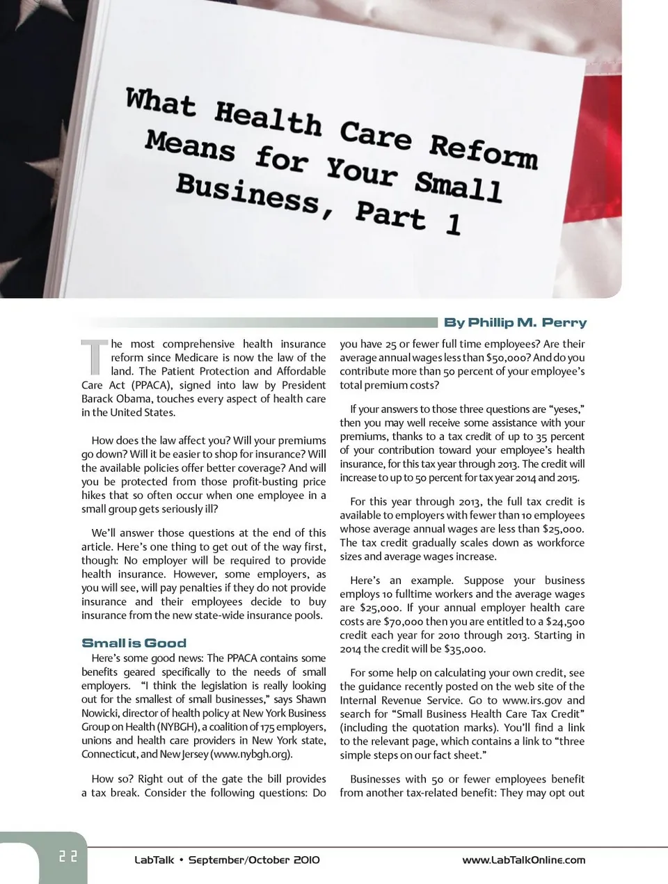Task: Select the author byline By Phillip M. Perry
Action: coord(515,322)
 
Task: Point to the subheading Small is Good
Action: coord(134,643)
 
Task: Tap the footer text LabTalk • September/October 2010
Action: coord(227,860)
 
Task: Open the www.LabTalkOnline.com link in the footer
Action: coord(523,860)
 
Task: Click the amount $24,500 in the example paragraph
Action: coord(565,622)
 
